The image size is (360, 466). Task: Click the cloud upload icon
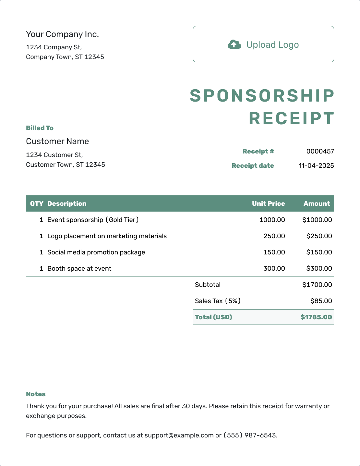coord(234,44)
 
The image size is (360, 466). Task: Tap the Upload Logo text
coord(272,45)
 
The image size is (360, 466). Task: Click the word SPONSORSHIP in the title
coord(262,96)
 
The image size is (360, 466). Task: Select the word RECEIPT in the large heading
coord(292,118)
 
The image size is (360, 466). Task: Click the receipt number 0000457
coord(320,151)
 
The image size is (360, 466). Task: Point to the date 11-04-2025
coord(316,166)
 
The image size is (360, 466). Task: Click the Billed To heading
coord(40,128)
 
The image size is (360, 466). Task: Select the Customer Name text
coord(57,141)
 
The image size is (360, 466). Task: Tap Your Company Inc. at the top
coord(62,34)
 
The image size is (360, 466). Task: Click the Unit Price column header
coord(268,203)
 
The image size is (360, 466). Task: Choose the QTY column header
coord(37,203)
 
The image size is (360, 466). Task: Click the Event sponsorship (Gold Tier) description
coord(93,220)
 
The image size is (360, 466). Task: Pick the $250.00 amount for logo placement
coord(319,236)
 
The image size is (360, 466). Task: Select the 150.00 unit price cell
coord(274,252)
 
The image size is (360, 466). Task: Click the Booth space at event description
coord(79,268)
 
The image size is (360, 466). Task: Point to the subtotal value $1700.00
coord(317,285)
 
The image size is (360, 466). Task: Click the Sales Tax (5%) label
coord(218,301)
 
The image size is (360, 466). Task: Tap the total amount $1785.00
coord(316,317)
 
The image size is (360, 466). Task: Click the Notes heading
coord(36,394)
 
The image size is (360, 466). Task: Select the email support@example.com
coord(179,435)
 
